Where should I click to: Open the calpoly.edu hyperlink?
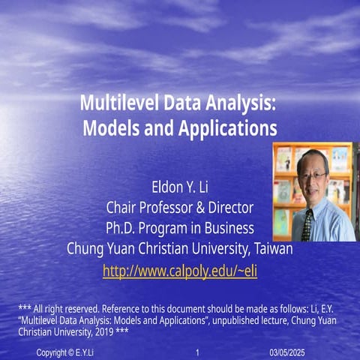(x=179, y=270)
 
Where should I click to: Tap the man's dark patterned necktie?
(x=307, y=223)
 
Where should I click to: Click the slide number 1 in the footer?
(x=196, y=352)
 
